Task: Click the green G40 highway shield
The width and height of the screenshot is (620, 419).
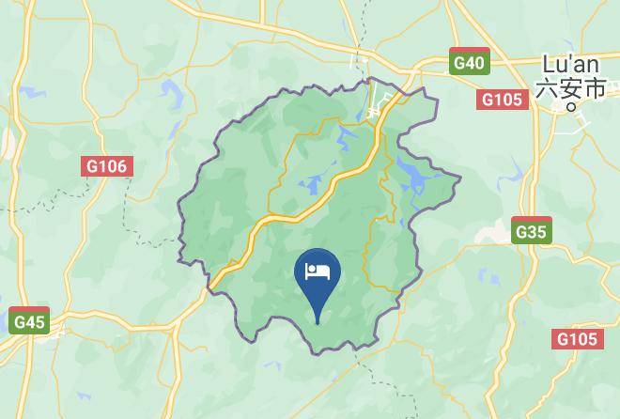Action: (468, 63)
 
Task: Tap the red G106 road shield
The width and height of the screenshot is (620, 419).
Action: (106, 166)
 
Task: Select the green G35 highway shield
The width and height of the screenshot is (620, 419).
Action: (532, 230)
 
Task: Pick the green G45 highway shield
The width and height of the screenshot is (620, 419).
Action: (30, 320)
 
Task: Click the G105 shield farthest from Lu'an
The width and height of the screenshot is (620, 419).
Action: (576, 339)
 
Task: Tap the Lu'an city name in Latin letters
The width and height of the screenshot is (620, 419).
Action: (568, 66)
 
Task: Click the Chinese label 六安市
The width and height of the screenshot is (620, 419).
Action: (570, 88)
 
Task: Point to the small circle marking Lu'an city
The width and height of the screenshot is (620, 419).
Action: (570, 107)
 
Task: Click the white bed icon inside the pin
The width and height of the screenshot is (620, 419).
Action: (318, 272)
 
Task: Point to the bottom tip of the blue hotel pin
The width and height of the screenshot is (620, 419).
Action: (318, 323)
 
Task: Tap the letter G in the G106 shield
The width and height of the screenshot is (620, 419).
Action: (93, 166)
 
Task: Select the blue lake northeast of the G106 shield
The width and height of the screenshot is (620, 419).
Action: (175, 94)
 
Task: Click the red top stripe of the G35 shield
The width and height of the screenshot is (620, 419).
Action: (532, 220)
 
